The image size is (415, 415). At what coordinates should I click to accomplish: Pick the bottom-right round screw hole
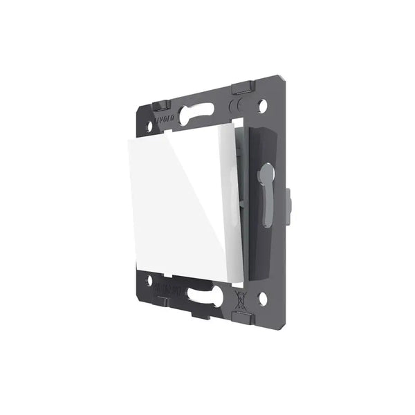264,299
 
